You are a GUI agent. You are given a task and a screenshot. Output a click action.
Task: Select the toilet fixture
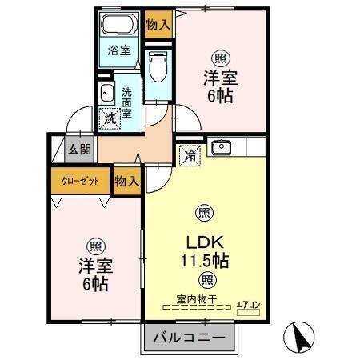tap(158, 66)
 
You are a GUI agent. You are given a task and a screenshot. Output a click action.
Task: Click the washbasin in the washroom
tap(106, 92)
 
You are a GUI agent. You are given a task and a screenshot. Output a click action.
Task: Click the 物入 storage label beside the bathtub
tap(158, 24)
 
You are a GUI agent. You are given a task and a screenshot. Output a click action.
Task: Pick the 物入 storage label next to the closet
tap(126, 182)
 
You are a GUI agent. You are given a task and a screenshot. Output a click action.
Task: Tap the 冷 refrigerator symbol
tap(190, 154)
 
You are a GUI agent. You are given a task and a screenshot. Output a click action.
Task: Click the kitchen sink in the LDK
tap(220, 147)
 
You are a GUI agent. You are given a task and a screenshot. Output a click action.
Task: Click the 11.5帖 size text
tap(206, 260)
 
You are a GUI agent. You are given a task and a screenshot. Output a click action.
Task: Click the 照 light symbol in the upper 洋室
tap(218, 58)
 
